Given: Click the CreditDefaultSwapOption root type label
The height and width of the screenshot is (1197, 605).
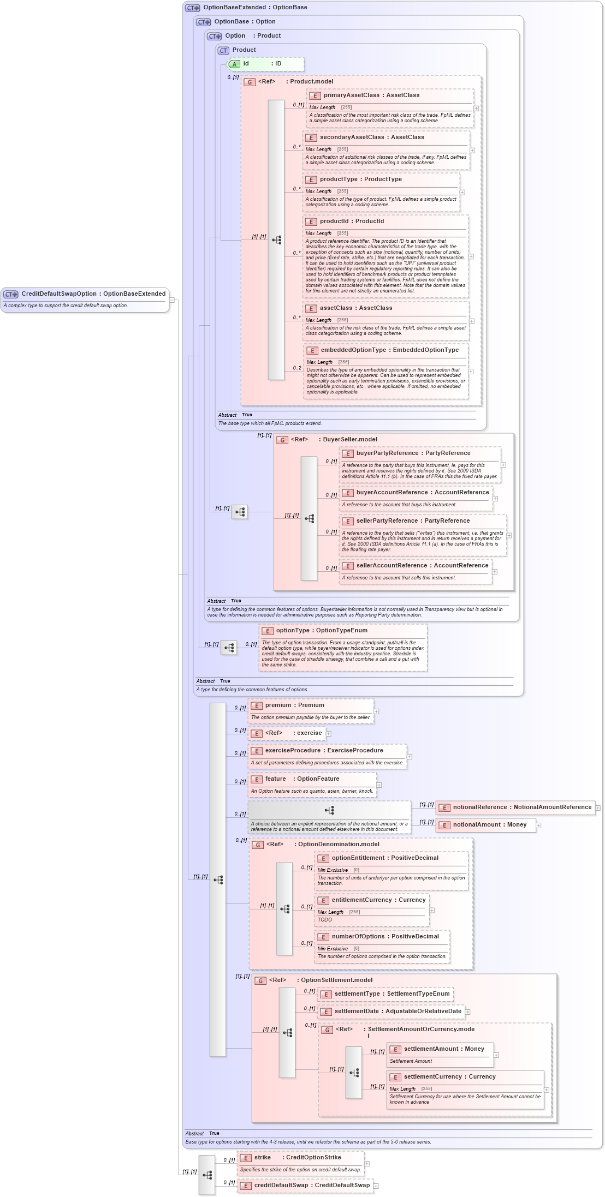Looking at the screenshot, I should click(x=93, y=294).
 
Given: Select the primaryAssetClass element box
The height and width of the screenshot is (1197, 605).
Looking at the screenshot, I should click(x=371, y=95).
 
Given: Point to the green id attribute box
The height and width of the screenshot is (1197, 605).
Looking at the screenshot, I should click(x=265, y=64).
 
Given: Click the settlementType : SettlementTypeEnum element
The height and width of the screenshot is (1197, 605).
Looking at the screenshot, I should click(x=392, y=994).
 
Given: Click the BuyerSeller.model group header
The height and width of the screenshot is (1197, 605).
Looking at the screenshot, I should click(x=349, y=440).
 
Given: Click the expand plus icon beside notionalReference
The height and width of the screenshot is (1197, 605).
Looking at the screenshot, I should click(x=598, y=808).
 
